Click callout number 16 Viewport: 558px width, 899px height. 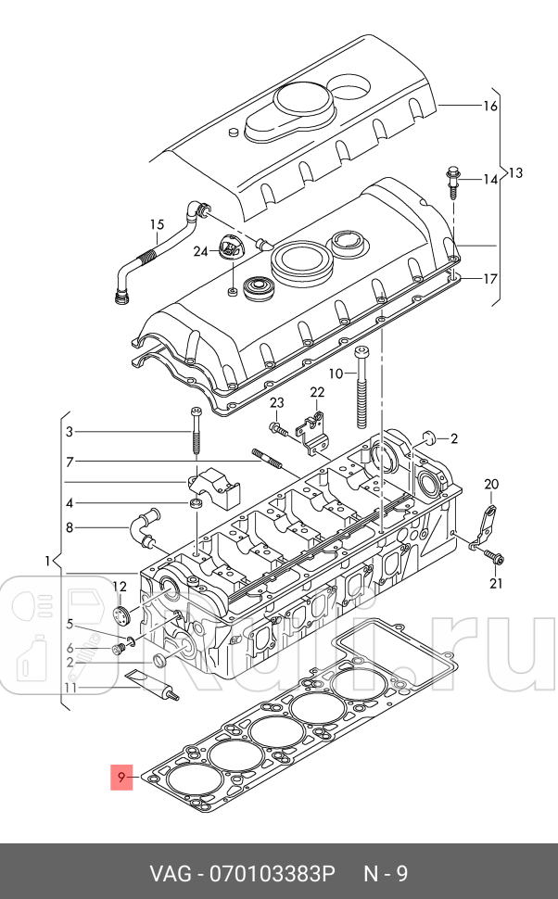(490, 106)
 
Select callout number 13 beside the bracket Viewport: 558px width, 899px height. (515, 172)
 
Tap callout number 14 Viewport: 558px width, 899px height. (490, 179)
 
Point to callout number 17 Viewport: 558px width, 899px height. (490, 278)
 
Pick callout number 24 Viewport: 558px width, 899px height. (200, 251)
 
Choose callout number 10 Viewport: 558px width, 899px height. (336, 373)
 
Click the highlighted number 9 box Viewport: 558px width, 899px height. (122, 777)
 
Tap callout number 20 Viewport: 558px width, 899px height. (490, 484)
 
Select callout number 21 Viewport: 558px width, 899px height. (495, 582)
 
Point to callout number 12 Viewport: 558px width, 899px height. (119, 586)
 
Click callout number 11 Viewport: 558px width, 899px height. (70, 688)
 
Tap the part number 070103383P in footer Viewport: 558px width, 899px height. (271, 873)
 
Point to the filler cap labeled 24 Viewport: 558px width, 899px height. (229, 249)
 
